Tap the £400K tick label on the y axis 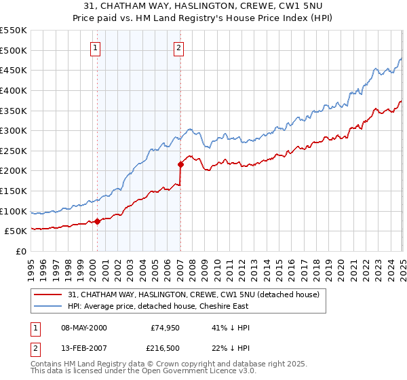pyautogui.click(x=14, y=90)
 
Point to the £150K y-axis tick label pyautogui.click(x=14, y=191)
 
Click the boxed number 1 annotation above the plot pyautogui.click(x=95, y=47)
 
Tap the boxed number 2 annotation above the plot pyautogui.click(x=178, y=47)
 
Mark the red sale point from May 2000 pyautogui.click(x=97, y=221)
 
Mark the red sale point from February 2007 pyautogui.click(x=181, y=164)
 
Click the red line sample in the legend pyautogui.click(x=48, y=294)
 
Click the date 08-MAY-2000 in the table pyautogui.click(x=84, y=328)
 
